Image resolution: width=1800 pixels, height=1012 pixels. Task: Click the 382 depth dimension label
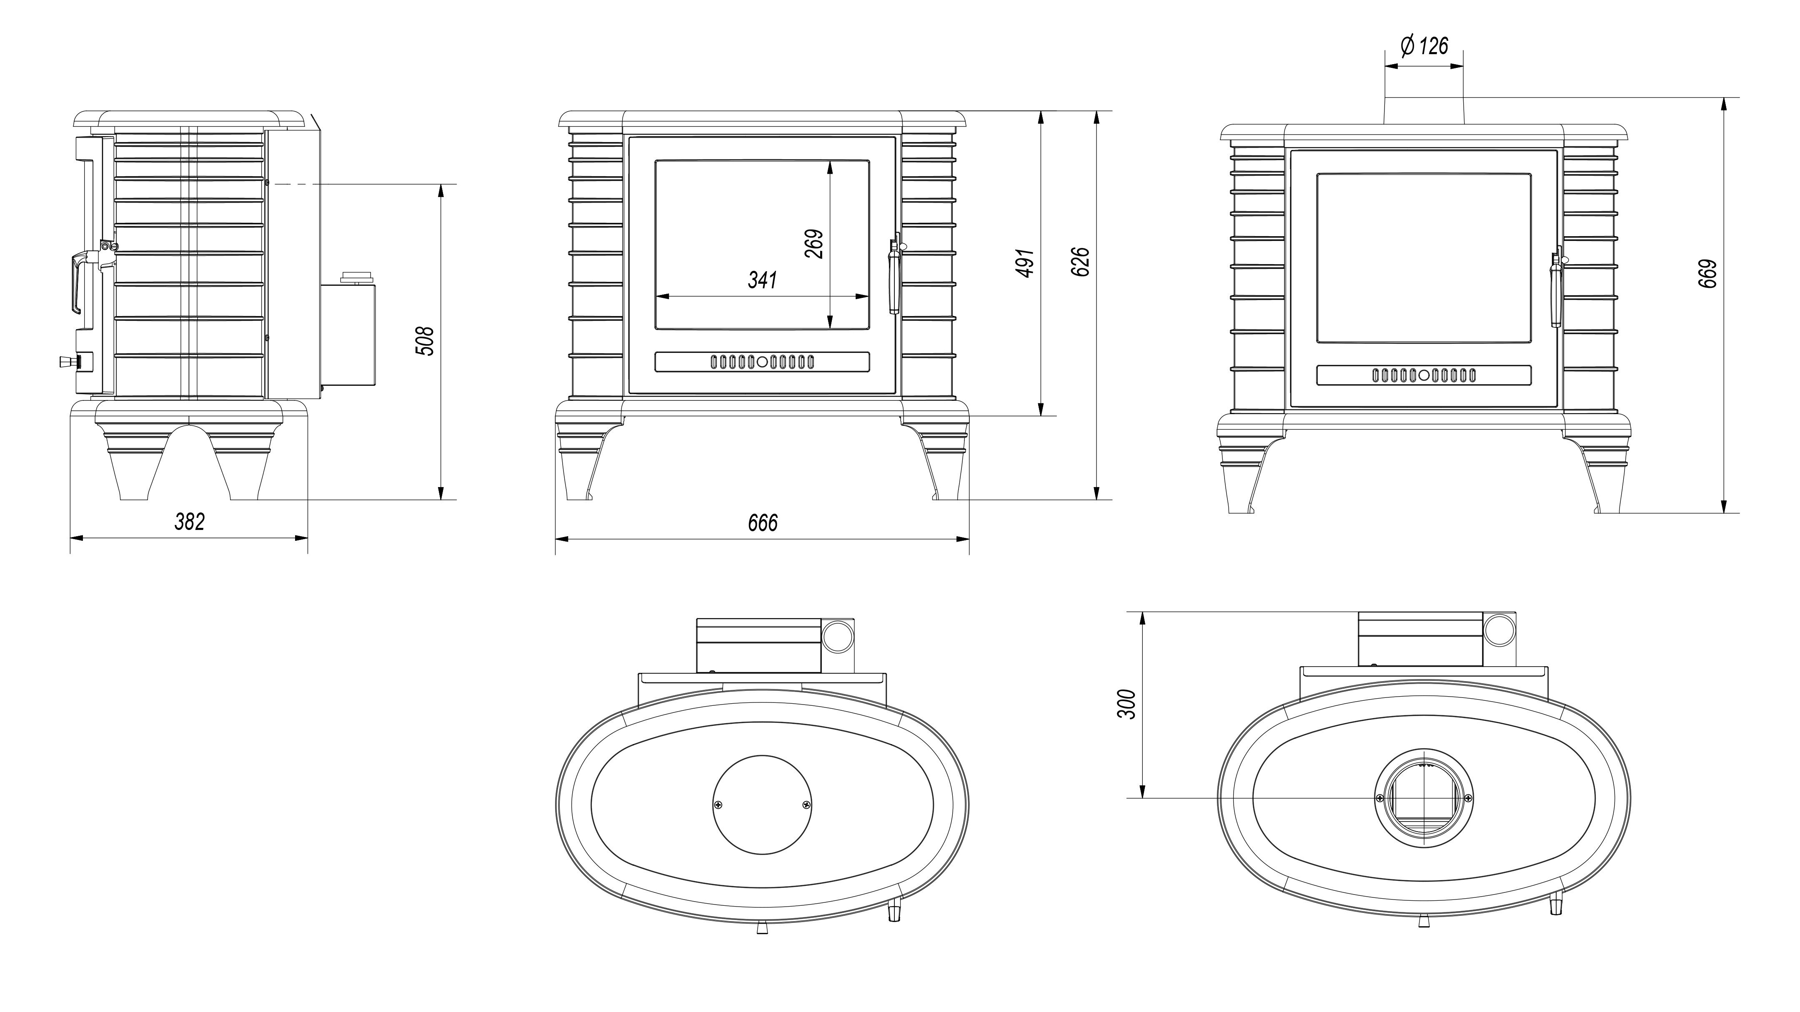189,521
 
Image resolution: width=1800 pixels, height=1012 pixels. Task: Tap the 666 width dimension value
762,522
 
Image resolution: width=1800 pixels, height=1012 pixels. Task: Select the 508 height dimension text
425,341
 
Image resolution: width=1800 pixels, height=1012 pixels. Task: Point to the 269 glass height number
814,244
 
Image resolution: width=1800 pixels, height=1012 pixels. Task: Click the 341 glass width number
762,280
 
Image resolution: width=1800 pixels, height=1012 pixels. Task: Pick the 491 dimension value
1025,262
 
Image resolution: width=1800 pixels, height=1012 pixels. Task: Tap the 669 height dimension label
1707,274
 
